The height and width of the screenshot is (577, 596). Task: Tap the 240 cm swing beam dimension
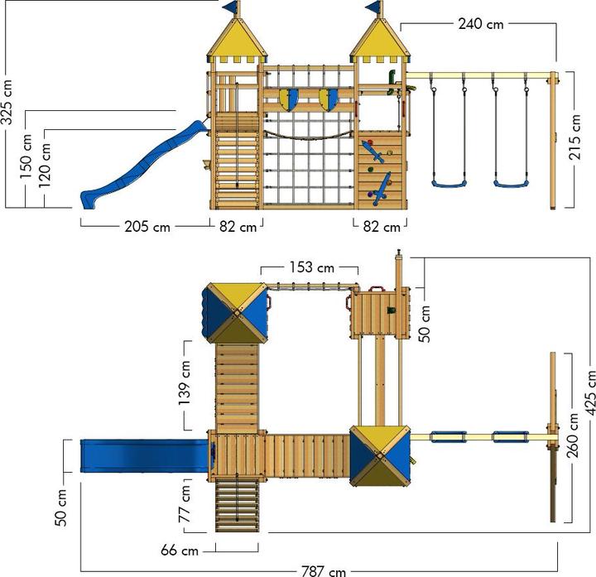(x=481, y=24)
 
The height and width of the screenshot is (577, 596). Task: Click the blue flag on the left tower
(x=231, y=7)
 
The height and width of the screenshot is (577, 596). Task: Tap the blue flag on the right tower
(x=377, y=7)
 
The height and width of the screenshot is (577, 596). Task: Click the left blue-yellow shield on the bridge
(x=288, y=99)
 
